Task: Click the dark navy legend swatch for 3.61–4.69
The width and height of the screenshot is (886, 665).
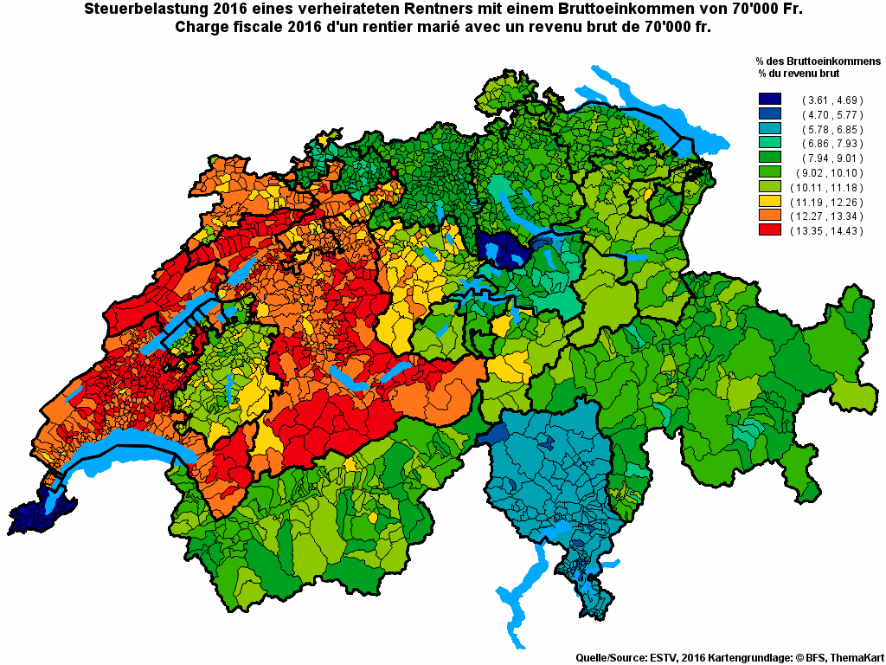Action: (x=769, y=100)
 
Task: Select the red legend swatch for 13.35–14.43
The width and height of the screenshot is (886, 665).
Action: (x=769, y=230)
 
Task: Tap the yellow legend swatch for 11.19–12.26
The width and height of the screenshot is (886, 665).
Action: (x=769, y=201)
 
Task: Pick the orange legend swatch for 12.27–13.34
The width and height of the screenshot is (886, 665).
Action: (x=769, y=216)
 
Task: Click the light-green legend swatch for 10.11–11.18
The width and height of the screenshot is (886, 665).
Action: (x=769, y=187)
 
